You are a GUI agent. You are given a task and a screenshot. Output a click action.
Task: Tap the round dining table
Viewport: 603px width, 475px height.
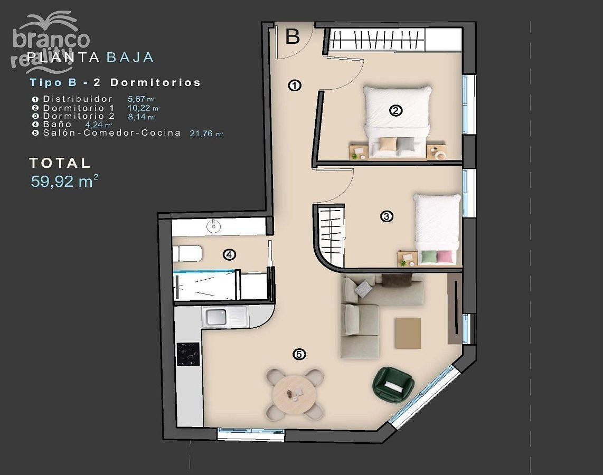294,394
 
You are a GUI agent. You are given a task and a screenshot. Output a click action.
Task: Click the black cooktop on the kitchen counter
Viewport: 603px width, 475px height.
188,354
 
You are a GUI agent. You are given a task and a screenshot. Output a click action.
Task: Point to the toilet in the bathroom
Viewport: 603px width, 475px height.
187,254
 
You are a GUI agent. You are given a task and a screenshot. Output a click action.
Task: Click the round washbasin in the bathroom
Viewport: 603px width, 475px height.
213,226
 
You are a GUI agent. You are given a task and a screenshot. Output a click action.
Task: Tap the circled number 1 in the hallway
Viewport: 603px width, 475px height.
295,85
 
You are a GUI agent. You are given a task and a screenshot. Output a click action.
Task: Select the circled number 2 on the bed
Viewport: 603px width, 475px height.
395,111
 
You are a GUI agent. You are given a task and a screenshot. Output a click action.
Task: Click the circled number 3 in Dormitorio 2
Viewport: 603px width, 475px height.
387,216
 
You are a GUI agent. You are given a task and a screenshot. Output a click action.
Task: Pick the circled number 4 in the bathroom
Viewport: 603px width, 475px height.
230,254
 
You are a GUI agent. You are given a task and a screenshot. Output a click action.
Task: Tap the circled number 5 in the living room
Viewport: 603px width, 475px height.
299,354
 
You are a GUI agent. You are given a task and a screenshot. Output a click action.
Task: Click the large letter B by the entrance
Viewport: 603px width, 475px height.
293,36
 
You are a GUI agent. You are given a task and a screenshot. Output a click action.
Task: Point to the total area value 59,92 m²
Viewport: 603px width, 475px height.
64,181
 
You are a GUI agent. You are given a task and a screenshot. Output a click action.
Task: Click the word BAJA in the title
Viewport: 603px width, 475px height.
130,57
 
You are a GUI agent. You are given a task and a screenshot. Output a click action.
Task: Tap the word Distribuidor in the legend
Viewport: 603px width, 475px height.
78,99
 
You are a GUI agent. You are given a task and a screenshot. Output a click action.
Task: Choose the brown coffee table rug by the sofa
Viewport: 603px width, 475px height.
408,333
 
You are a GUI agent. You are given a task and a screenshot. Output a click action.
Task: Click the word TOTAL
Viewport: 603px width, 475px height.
60,163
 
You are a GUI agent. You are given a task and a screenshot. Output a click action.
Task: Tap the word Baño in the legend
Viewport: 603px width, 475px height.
58,124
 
